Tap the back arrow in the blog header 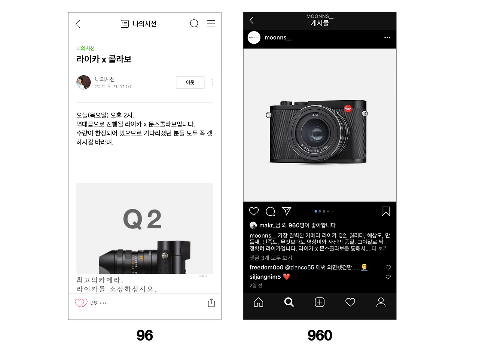pos(78,24)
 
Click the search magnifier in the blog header pos(194,24)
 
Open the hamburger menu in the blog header pos(211,24)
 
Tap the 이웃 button pos(190,82)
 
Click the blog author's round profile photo pos(83,82)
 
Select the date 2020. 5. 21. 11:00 pos(113,86)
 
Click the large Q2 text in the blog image pos(142,219)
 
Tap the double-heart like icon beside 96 pos(81,303)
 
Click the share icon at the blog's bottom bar pos(211,303)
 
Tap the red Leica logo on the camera pos(348,108)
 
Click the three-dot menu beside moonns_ pos(387,37)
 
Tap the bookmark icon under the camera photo pos(385,211)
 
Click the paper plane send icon pos(287,211)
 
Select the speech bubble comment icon pos(270,211)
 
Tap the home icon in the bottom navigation pos(258,302)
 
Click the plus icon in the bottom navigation pos(320,302)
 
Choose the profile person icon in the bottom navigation pos(381,302)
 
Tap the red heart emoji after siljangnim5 pos(286,277)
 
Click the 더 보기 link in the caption pos(379,248)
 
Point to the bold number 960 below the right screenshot pos(320,335)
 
